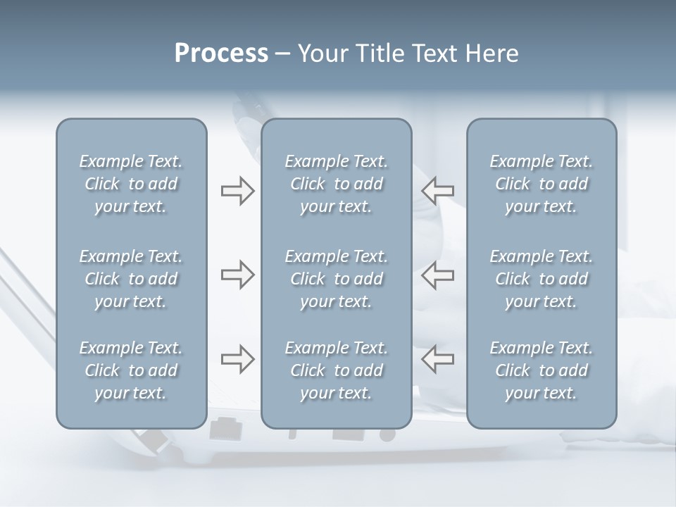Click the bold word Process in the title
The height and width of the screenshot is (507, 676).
point(221,54)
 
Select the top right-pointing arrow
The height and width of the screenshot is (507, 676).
point(237,191)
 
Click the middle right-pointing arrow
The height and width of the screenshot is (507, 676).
point(237,275)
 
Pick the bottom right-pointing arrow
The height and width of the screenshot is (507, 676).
point(237,359)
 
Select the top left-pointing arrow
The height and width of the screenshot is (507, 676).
point(438,191)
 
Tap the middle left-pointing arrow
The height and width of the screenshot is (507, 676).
point(438,275)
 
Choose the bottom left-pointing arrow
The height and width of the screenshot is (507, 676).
point(438,359)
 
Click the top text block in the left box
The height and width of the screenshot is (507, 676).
point(131,184)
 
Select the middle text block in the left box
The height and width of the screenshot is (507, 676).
point(131,279)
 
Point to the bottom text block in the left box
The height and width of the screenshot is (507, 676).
point(131,370)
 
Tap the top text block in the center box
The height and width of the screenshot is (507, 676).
point(337,184)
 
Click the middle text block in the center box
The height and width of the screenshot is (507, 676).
point(337,279)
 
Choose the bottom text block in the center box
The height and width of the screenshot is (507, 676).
point(337,370)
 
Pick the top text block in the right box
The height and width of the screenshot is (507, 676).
point(542,184)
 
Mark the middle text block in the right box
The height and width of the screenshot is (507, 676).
point(542,279)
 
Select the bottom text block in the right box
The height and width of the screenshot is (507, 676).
point(542,370)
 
